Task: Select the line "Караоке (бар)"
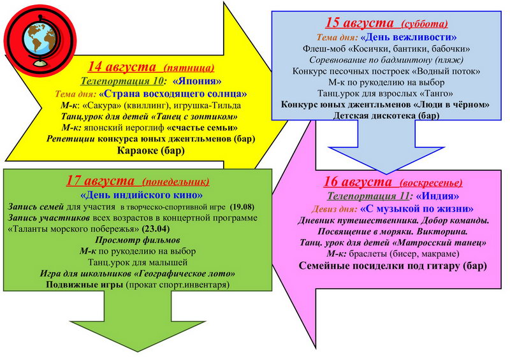point(150,151)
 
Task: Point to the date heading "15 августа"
point(360,23)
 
